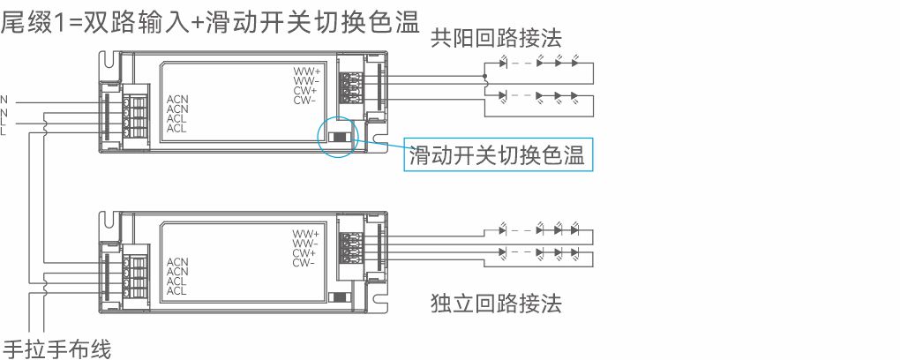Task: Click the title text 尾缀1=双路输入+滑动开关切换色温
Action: point(209,21)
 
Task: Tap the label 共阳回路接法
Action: point(496,38)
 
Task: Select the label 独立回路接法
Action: point(496,304)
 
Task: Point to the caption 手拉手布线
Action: point(57,349)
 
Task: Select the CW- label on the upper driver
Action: point(305,100)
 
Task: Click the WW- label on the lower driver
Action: point(305,244)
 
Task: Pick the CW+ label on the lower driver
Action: point(305,253)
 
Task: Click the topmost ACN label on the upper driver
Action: point(177,99)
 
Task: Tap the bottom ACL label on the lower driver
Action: point(177,291)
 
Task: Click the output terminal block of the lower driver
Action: point(347,244)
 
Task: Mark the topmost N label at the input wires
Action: point(4,99)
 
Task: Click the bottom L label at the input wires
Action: point(4,132)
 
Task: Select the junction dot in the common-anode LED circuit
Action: point(484,78)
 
